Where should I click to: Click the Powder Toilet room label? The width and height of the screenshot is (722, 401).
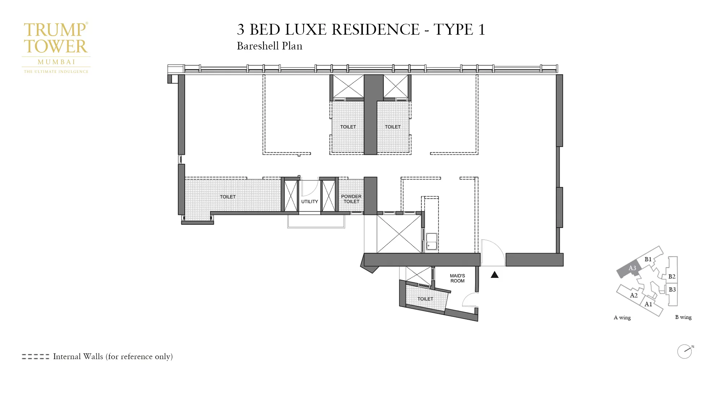tap(351, 199)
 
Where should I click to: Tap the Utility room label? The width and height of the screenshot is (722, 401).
tap(309, 201)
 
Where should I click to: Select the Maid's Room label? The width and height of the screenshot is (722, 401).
tap(457, 278)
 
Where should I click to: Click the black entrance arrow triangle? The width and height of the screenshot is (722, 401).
tap(495, 275)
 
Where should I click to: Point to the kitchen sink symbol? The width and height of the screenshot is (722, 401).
tap(431, 241)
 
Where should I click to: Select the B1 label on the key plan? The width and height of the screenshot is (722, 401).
tap(648, 259)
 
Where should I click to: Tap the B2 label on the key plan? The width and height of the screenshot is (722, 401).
tap(671, 276)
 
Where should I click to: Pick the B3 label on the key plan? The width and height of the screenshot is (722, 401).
tap(672, 289)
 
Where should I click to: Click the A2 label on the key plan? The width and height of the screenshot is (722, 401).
tap(634, 295)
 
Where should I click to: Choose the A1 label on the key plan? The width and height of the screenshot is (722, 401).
tap(648, 304)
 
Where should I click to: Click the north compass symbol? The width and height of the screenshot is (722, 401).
tap(684, 351)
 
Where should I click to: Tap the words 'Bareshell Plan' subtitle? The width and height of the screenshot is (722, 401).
tap(269, 46)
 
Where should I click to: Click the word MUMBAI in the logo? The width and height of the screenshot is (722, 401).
tap(56, 62)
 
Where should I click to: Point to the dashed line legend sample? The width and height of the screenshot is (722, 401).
tap(35, 357)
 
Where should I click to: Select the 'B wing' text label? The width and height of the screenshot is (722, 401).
tap(683, 317)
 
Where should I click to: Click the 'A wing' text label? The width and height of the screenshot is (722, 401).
tap(622, 318)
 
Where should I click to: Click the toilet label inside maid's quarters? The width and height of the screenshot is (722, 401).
tap(425, 299)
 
